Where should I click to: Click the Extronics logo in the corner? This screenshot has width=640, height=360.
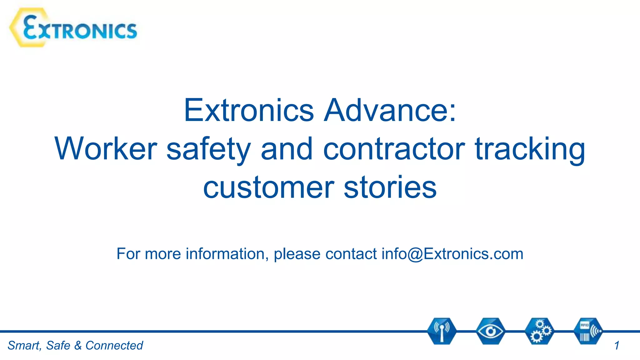pyautogui.click(x=74, y=28)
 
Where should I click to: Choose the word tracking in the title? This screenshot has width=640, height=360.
pyautogui.click(x=530, y=149)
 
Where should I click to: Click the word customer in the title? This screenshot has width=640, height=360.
pyautogui.click(x=269, y=187)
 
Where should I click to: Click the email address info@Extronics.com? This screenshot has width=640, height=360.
pyautogui.click(x=452, y=253)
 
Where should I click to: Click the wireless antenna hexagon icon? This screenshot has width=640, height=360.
pyautogui.click(x=442, y=331)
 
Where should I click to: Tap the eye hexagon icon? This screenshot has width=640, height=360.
pyautogui.click(x=490, y=331)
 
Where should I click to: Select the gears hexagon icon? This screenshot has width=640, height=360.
pyautogui.click(x=539, y=331)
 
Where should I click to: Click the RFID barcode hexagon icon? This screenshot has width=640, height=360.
pyautogui.click(x=588, y=331)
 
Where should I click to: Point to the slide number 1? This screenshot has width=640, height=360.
pyautogui.click(x=617, y=346)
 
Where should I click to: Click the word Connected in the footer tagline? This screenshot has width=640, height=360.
pyautogui.click(x=114, y=346)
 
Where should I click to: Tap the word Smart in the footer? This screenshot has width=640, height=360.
pyautogui.click(x=24, y=346)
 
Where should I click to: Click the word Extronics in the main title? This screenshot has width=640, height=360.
pyautogui.click(x=249, y=110)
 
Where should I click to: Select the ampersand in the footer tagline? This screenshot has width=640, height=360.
pyautogui.click(x=78, y=346)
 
